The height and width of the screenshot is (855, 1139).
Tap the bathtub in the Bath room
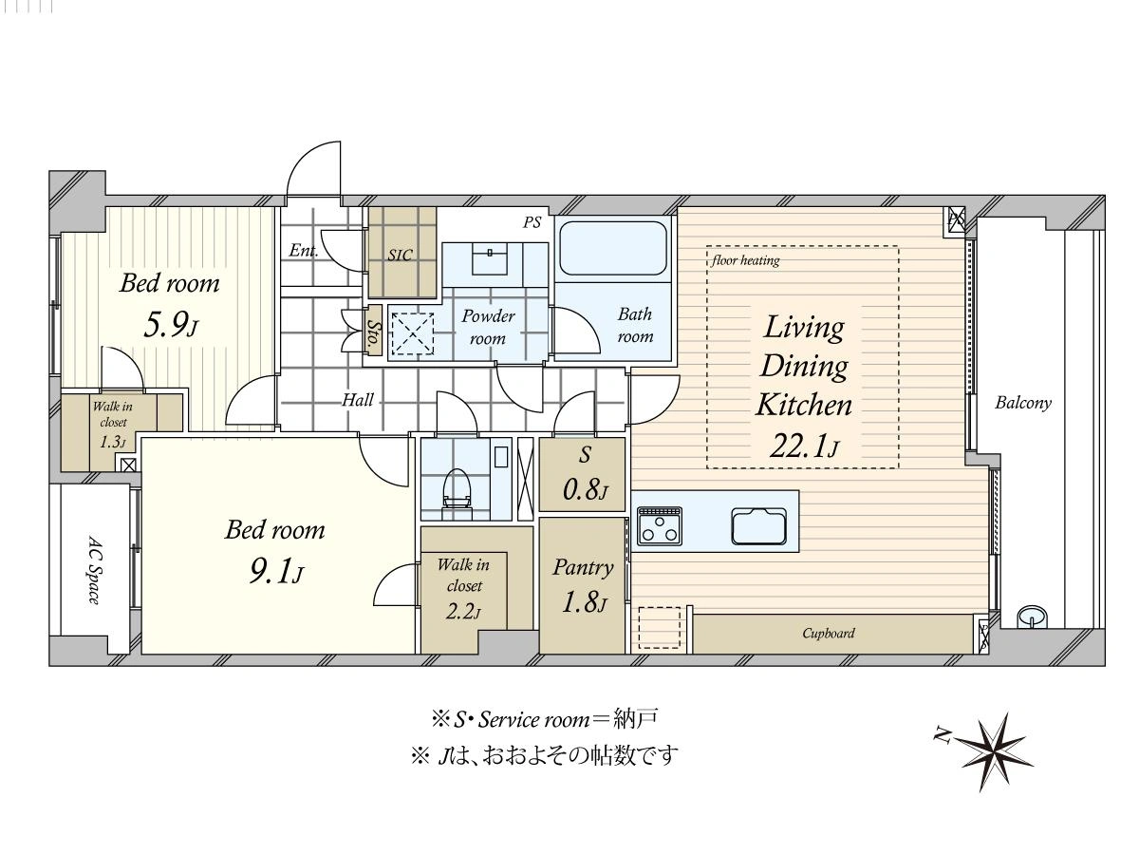pos(613,248)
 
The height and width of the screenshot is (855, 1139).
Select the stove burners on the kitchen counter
pos(659,526)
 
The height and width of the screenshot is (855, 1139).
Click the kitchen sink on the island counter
pos(758,526)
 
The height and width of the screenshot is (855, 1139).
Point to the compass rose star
pos(993,752)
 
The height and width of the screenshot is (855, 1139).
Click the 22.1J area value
pos(804,446)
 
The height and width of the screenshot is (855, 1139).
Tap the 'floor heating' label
pos(746,260)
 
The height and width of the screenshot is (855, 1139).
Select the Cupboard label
pos(829,634)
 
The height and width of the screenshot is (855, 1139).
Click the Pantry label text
pos(583,567)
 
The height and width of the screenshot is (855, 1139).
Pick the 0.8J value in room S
pos(585,489)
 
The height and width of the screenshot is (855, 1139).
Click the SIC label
pos(401,255)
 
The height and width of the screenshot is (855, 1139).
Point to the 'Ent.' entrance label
pos(304,250)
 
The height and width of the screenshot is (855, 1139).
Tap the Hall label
pos(358,400)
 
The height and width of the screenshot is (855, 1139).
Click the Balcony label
pos(1023,404)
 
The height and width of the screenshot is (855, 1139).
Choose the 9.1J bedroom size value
pos(276,572)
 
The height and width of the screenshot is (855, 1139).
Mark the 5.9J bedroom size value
pos(171,326)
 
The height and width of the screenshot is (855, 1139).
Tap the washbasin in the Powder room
pos(491,259)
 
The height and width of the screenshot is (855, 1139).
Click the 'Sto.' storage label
pos(373,331)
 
